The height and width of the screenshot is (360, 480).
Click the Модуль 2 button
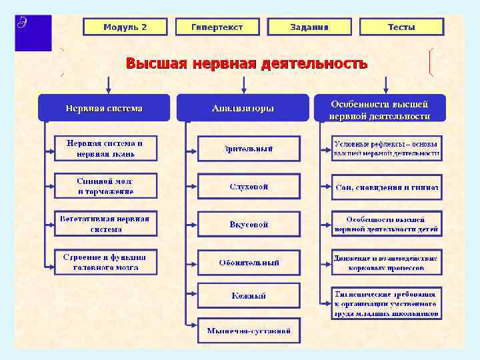125,27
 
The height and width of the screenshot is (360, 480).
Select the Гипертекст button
217,27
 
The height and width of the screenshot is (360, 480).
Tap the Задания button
309,27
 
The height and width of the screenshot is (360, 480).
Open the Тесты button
401,27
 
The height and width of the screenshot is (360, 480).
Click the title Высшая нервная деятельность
247,64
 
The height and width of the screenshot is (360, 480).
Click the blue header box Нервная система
104,108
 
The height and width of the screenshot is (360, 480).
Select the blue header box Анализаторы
243,108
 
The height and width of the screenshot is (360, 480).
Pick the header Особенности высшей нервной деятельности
379,109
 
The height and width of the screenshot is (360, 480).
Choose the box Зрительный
249,149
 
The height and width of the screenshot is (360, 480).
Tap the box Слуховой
249,187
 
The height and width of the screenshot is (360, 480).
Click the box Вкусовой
249,225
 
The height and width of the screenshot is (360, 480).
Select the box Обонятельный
249,262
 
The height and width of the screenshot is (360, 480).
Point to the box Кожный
249,295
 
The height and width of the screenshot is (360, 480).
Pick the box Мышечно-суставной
249,330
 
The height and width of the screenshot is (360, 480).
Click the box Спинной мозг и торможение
105,186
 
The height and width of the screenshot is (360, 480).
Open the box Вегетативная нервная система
105,224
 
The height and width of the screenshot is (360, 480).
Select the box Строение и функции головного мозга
105,262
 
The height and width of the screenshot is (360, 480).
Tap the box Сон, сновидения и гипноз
387,187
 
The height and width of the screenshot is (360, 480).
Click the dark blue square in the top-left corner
33,32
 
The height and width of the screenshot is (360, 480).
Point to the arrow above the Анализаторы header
244,85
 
